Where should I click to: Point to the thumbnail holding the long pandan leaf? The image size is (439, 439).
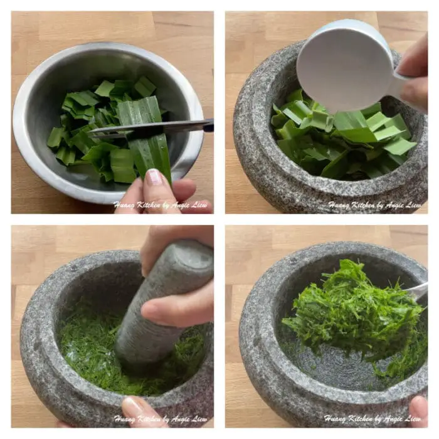click(x=154, y=177)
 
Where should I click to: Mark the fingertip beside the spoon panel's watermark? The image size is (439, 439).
click(x=419, y=411)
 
